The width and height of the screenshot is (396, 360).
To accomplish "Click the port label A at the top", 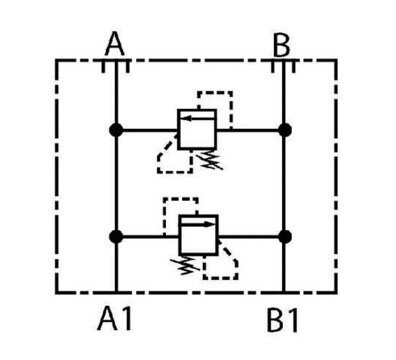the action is click(115, 44).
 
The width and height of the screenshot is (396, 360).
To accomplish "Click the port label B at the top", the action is click(281, 46).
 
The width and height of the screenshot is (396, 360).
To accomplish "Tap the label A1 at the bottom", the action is click(115, 319).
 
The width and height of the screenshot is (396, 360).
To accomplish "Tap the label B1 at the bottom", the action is click(282, 321).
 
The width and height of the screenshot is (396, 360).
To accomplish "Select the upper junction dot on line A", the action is click(116, 130).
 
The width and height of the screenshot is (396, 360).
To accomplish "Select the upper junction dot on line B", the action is click(284, 130).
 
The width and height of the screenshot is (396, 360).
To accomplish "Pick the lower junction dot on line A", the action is click(116, 237).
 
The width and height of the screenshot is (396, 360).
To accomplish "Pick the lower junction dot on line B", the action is click(284, 237).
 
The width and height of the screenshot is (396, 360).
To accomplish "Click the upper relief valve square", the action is click(197, 129).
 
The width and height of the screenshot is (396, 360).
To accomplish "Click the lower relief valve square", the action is click(199, 235).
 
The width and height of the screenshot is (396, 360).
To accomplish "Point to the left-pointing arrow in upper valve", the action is click(198, 118).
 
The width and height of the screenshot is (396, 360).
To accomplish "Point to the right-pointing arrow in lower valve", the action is click(198, 224).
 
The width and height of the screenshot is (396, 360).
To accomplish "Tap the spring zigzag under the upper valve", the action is click(209, 159).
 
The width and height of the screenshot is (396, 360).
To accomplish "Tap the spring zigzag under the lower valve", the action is click(185, 265).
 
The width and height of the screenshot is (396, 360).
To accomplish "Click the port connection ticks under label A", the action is click(116, 66).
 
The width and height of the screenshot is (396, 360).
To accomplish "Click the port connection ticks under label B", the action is click(283, 66).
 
